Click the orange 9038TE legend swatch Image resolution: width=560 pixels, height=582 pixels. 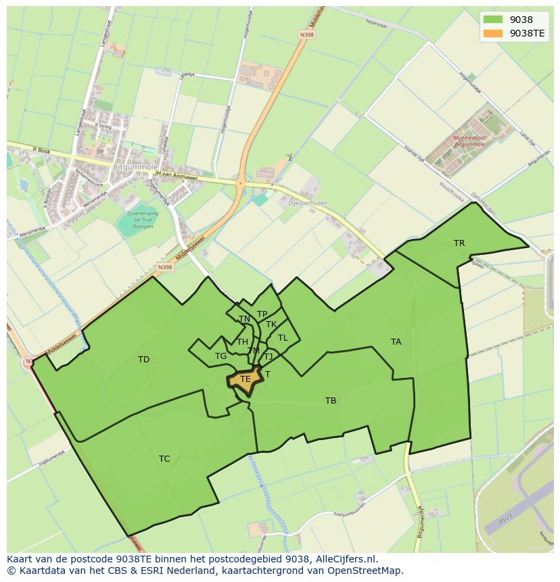click(x=494, y=33)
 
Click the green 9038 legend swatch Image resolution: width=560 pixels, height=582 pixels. click(x=494, y=20)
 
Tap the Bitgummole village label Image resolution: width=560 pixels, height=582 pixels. click(x=135, y=166)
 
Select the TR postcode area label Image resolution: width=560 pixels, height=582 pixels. click(x=459, y=243)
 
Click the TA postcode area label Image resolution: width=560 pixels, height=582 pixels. click(x=396, y=342)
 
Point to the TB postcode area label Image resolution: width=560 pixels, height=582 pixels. click(x=331, y=401)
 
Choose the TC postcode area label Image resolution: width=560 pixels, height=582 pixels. click(x=164, y=459)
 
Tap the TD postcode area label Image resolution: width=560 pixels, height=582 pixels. click(x=143, y=360)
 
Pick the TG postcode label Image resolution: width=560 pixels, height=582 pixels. click(x=220, y=356)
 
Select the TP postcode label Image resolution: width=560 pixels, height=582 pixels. click(x=262, y=314)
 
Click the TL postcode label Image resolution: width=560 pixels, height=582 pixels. click(x=283, y=338)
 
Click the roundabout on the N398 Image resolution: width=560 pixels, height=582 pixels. click(x=240, y=183)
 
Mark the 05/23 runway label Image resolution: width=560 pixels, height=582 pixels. click(x=505, y=521)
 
